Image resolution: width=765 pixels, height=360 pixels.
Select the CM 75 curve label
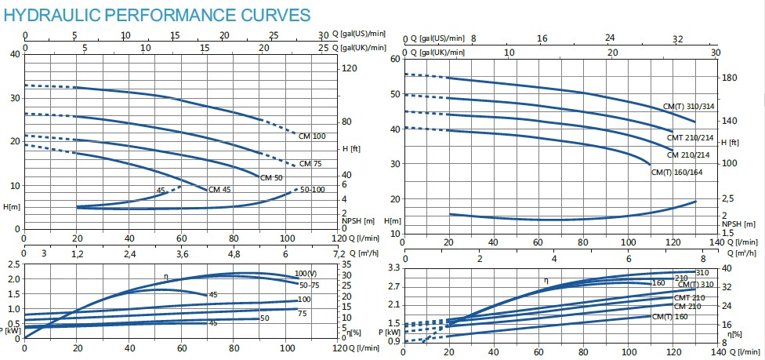tap(310, 164)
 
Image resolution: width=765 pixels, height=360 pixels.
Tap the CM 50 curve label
tap(270, 178)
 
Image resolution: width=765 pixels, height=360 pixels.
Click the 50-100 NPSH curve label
tap(314, 191)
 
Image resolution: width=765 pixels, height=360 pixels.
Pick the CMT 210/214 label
tap(690, 138)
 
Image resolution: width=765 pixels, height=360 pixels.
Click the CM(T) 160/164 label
tap(687, 173)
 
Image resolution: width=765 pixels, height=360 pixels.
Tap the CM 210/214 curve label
tap(690, 155)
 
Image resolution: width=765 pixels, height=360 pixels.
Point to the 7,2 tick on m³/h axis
tap(339, 253)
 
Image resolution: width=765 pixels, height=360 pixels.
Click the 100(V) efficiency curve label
tap(306, 273)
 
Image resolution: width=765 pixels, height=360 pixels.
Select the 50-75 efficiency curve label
tap(310, 284)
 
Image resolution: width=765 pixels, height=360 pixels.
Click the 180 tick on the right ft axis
tap(730, 78)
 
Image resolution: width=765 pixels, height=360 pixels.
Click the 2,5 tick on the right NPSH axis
tap(728, 198)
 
